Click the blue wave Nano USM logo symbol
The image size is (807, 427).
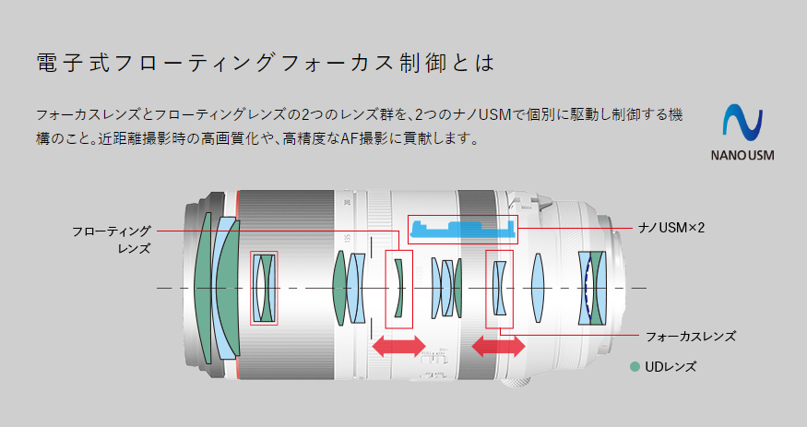pos(742,123)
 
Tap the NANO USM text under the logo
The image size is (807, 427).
pos(742,155)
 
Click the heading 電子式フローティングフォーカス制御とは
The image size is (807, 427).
pos(266,62)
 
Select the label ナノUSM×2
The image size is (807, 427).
pos(671,228)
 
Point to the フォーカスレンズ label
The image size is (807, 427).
pos(691,337)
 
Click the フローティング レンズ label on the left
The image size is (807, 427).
pos(112,240)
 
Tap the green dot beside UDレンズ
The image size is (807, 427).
pos(635,367)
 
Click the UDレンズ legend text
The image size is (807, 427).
pos(671,367)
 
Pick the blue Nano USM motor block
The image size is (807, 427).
pos(462,229)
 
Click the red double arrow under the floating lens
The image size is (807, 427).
pos(398,346)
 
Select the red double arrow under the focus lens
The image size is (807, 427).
pos(498,346)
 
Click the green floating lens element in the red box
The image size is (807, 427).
pos(398,288)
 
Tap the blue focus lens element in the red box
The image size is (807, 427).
pos(499,288)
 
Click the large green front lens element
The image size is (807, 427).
pos(203,288)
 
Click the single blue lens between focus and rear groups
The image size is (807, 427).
pos(538,288)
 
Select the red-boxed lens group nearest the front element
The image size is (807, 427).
pos(264,288)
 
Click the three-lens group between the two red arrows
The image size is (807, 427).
pos(446,288)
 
